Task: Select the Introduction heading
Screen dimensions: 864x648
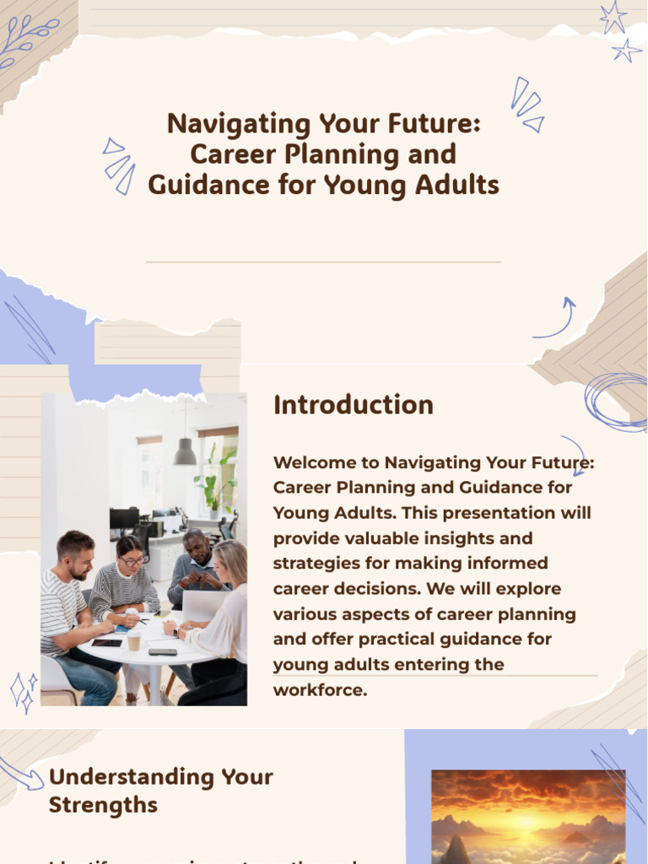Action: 353,405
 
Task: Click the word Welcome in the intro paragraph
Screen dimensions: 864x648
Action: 326,462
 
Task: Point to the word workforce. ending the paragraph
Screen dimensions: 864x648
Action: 321,689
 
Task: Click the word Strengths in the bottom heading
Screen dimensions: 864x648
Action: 103,805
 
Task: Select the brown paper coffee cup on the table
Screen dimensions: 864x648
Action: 133,640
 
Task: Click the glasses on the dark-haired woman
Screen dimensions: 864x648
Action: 132,561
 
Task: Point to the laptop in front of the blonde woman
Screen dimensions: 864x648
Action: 202,606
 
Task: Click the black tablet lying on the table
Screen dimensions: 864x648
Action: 106,643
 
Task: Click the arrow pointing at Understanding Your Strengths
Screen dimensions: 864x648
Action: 20,773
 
